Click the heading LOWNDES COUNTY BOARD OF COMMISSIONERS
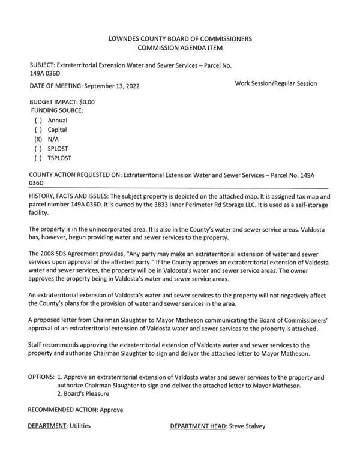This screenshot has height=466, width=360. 179,39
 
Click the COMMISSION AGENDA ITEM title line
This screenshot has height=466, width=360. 179,49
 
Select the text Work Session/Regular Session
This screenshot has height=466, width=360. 276,83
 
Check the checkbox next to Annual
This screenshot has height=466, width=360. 38,120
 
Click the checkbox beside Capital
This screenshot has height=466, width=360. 38,130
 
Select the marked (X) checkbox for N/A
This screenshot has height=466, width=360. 38,139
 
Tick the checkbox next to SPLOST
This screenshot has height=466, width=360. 38,149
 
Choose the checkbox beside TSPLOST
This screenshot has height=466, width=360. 38,158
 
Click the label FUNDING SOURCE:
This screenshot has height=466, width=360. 57,111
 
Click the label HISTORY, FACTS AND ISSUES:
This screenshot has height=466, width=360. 71,197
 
